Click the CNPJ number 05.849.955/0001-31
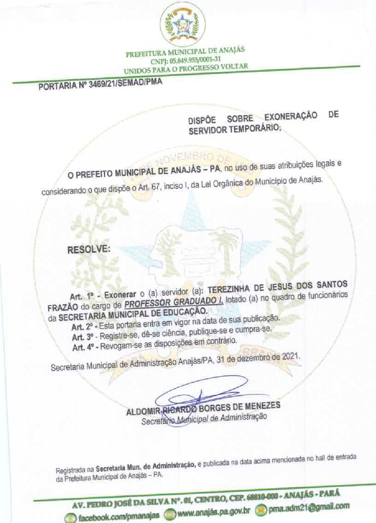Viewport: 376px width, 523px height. pyautogui.click(x=186, y=59)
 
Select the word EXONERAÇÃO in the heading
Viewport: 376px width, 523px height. pyautogui.click(x=291, y=116)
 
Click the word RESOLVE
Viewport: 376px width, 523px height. pyautogui.click(x=89, y=249)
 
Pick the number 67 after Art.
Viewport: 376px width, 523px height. pyautogui.click(x=155, y=187)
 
